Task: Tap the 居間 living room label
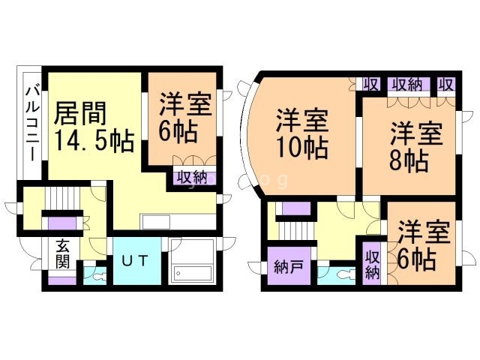tap(80, 113)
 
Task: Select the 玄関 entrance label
tap(63, 253)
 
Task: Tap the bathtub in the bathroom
tap(192, 273)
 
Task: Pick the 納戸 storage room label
tap(288, 267)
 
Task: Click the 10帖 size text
tap(302, 148)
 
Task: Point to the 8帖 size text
tap(409, 161)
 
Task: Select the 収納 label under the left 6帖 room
tap(193, 178)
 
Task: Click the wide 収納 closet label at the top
tap(407, 84)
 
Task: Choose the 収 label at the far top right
tap(446, 84)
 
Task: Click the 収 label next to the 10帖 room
tap(371, 84)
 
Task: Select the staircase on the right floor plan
tap(297, 231)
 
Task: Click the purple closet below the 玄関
tap(62, 280)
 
